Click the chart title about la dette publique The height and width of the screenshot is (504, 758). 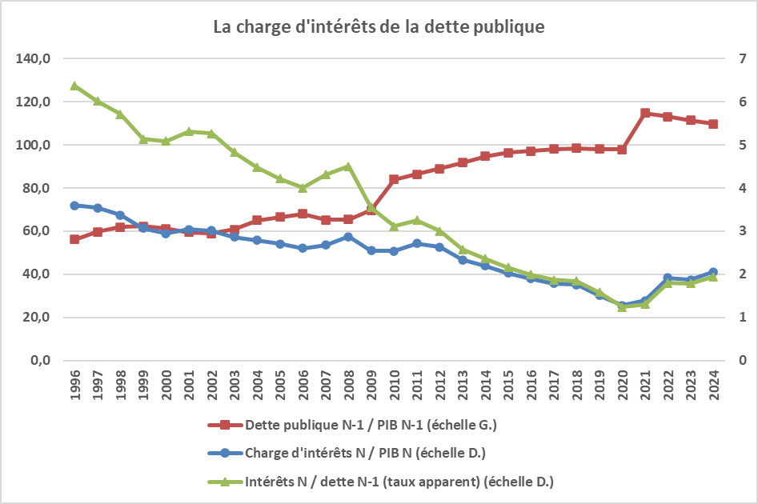pos(379,26)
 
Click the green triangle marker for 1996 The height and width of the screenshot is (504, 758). pos(74,86)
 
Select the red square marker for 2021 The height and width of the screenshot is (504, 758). pos(644,113)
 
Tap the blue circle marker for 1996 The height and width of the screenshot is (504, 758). pos(74,206)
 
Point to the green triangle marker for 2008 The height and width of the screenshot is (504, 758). pos(348,166)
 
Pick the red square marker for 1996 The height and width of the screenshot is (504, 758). pos(74,239)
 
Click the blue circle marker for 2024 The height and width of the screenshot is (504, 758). pos(713,272)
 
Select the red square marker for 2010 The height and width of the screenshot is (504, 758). pos(394,179)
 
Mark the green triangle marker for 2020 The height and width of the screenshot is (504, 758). pos(622,306)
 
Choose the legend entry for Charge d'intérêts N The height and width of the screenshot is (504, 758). pos(365,453)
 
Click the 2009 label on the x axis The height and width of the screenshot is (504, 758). pos(371,386)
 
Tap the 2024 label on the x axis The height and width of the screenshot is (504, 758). pos(713,386)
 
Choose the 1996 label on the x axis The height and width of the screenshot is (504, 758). pos(74,386)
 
